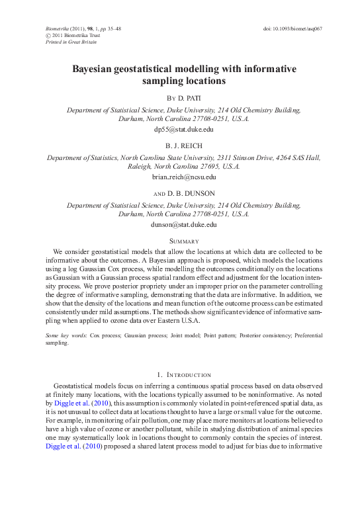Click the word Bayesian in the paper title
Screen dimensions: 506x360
[97, 69]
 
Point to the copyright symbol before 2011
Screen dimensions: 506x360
[48, 36]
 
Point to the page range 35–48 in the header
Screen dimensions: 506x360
[111, 30]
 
